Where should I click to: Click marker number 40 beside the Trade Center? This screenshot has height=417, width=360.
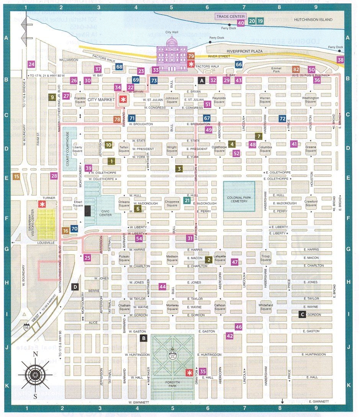pos(241,23)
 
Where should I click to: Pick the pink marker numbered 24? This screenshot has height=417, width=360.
pos(31,64)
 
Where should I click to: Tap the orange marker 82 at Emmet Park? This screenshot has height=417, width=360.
pos(296,69)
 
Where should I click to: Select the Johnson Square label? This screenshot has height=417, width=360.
pos(172,100)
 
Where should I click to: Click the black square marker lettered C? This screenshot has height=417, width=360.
pos(302,314)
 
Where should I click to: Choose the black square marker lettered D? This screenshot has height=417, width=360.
pos(75,287)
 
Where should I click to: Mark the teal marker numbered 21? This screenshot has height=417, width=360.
pos(187,200)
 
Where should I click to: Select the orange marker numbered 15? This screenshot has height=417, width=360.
pos(16,176)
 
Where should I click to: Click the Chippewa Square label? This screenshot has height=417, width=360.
pos(172,203)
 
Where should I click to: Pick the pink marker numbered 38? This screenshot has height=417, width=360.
pos(340,60)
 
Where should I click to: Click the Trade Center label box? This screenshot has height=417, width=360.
pos(229,16)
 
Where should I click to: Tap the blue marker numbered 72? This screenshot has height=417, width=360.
pos(283,118)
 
